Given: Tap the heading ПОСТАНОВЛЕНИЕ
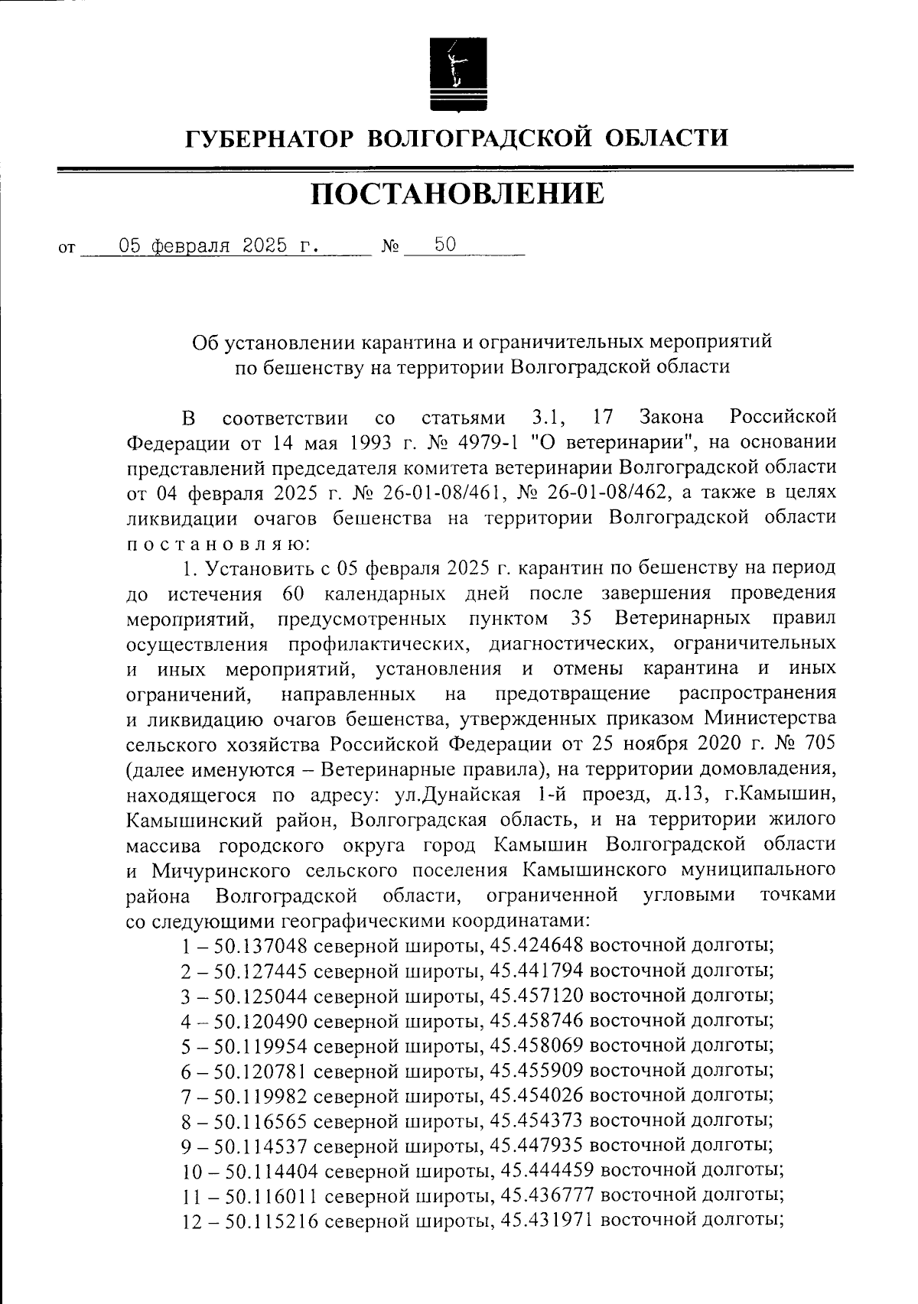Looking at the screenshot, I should tap(457, 194).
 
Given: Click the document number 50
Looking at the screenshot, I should tap(445, 245).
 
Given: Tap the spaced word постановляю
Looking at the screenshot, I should tap(217, 543).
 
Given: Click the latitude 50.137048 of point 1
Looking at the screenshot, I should tap(261, 946).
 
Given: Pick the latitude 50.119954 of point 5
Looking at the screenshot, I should tap(261, 1046).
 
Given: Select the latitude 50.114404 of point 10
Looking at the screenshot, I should tap(272, 1172).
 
